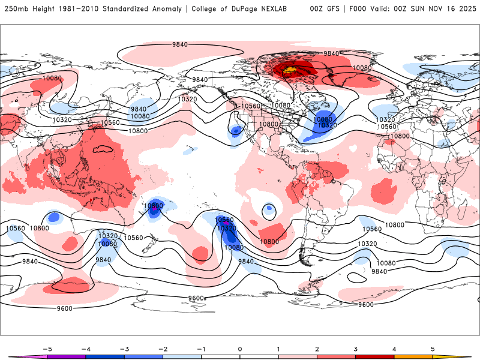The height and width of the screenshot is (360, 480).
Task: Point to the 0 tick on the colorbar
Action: click(x=240, y=349)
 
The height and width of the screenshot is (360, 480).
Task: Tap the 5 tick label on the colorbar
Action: click(x=433, y=349)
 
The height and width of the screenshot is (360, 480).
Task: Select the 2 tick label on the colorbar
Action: click(x=317, y=349)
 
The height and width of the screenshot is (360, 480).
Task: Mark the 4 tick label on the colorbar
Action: click(x=394, y=349)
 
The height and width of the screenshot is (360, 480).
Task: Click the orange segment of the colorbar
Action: click(x=413, y=357)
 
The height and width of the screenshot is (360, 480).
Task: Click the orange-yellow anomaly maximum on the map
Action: click(x=290, y=70)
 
